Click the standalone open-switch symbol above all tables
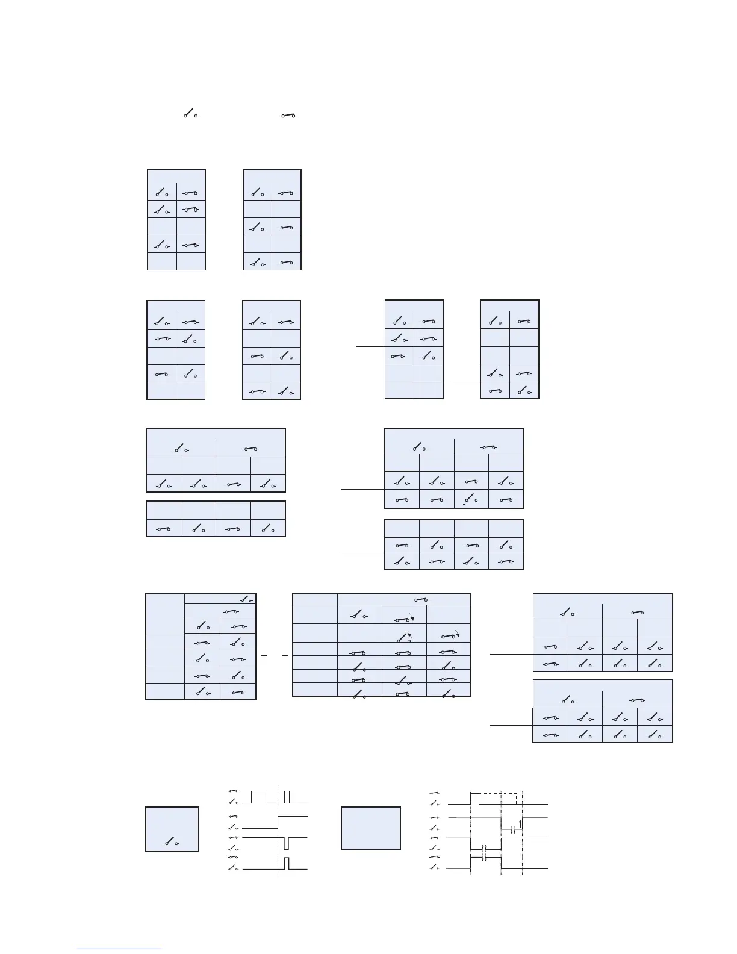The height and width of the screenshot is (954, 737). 190,114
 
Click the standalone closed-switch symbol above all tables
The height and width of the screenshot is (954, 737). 289,116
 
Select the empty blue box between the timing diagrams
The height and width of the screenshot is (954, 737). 371,828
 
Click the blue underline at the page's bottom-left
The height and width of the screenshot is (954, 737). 119,949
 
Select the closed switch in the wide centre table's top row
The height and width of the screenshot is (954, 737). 420,600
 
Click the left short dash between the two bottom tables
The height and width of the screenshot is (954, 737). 264,655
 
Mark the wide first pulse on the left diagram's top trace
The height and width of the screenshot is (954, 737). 259,796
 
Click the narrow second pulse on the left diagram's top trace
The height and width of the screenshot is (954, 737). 287,796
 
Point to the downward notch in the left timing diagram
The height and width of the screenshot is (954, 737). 287,843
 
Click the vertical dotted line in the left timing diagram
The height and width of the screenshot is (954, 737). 278,831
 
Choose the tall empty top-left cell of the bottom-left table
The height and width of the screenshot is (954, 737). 165,613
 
